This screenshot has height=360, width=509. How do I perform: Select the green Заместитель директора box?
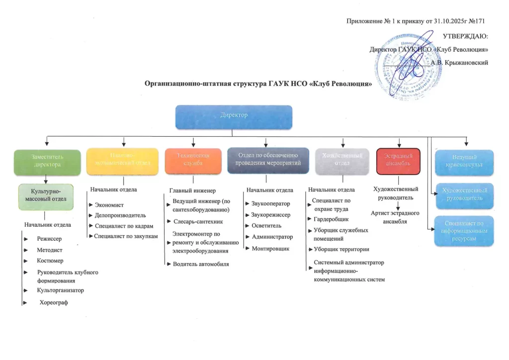pyautogui.click(x=47, y=162)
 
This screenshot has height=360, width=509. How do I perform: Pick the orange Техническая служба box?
pyautogui.click(x=193, y=162)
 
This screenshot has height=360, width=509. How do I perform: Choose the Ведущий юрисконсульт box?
pyautogui.click(x=464, y=162)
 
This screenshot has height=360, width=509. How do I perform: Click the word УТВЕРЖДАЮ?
pyautogui.click(x=465, y=36)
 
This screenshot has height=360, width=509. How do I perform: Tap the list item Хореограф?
pyautogui.click(x=53, y=303)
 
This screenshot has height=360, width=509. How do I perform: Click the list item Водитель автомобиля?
pyautogui.click(x=201, y=264)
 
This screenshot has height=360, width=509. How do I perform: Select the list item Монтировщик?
pyautogui.click(x=270, y=248)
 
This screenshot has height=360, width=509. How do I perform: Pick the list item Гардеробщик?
pyautogui.click(x=331, y=219)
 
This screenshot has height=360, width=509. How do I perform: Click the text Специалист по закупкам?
pyautogui.click(x=126, y=236)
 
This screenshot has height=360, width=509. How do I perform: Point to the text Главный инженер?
pyautogui.click(x=192, y=190)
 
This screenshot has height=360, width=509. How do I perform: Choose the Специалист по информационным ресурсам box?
pyautogui.click(x=464, y=231)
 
